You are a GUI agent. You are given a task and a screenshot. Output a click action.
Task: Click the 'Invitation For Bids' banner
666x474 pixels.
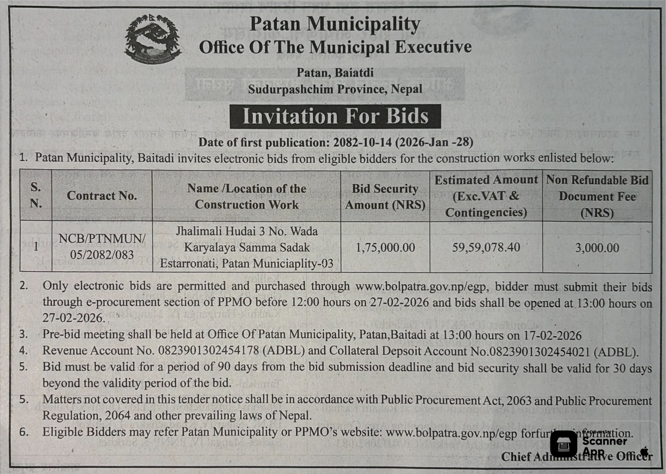point(335,116)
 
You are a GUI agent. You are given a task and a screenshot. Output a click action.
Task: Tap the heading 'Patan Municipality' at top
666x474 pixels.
point(335,24)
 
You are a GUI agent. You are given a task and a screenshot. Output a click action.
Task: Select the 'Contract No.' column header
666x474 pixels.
point(102,196)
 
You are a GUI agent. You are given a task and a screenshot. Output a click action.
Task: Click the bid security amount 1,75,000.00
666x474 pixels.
point(385,248)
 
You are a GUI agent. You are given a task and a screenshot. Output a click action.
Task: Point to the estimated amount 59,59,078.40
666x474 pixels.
point(486,247)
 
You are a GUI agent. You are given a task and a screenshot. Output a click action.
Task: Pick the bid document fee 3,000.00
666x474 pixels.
point(597,248)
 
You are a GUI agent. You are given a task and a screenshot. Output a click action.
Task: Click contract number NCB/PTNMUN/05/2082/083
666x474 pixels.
point(102,246)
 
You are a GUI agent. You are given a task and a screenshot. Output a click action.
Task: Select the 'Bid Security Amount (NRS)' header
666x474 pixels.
point(385,196)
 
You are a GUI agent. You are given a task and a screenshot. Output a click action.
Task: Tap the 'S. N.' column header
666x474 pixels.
point(36,195)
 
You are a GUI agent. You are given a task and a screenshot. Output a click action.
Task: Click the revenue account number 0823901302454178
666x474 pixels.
point(209,351)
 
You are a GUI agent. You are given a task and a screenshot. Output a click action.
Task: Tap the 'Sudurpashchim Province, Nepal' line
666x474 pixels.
point(335,89)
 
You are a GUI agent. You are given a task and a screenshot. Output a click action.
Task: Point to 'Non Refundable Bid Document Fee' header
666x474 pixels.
point(597,196)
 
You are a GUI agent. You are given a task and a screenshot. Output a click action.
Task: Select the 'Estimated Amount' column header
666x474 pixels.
point(486,196)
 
